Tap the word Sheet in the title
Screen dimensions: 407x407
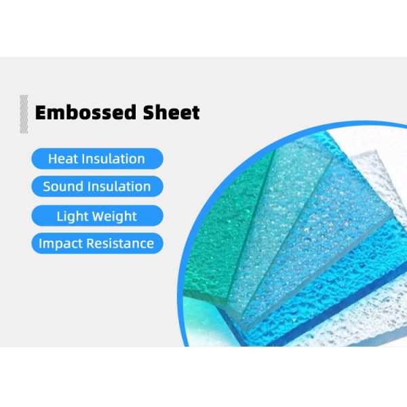pos(176,112)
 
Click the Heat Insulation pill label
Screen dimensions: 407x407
pos(96,159)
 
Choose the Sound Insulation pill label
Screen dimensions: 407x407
pos(96,187)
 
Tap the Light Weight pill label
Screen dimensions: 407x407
pos(96,216)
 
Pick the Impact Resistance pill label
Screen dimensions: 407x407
pos(96,244)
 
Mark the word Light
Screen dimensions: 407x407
pos(71,216)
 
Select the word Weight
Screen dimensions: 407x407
pos(115,216)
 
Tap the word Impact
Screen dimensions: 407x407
pos(60,244)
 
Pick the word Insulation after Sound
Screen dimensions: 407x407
pos(118,187)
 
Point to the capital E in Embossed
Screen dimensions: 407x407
pos(41,112)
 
